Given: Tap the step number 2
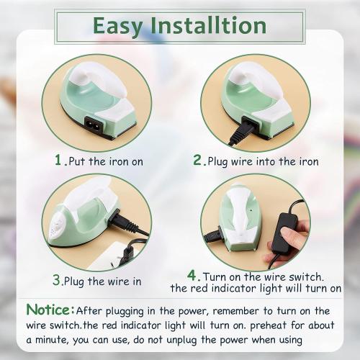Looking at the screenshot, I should click(x=198, y=161).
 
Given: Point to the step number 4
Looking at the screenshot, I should click(x=192, y=275).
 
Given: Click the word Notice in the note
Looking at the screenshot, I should click(x=48, y=310).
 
